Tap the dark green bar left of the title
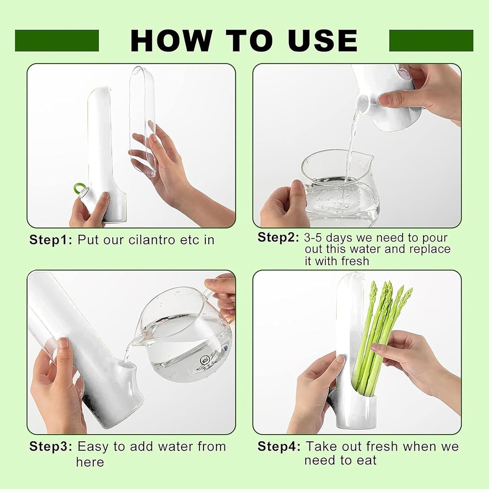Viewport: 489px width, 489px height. (57, 41)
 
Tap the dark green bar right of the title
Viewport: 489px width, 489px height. (431, 41)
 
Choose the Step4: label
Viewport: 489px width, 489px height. (279, 447)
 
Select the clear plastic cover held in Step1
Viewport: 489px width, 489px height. (142, 119)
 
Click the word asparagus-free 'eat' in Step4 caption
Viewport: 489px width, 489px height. (366, 460)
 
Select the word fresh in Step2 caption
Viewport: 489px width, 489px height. (355, 261)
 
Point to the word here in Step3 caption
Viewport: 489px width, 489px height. (90, 462)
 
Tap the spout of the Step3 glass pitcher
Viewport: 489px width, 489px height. (138, 340)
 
